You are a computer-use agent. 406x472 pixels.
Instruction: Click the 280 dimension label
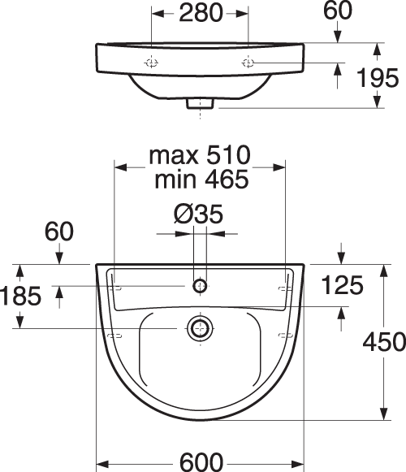click(x=201, y=14)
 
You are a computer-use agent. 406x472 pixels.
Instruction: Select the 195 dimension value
click(x=378, y=78)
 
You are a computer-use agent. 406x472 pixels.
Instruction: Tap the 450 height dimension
click(x=384, y=342)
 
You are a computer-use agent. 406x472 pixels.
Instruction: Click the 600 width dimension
click(x=201, y=462)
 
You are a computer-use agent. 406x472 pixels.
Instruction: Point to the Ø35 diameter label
click(x=199, y=214)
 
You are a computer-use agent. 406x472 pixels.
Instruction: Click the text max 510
click(x=200, y=155)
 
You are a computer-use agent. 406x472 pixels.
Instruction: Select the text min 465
click(x=201, y=179)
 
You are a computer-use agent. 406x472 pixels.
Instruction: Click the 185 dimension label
click(x=20, y=296)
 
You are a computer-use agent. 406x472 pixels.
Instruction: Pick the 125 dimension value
click(x=343, y=285)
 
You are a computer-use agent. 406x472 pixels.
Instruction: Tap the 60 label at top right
click(x=337, y=11)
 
